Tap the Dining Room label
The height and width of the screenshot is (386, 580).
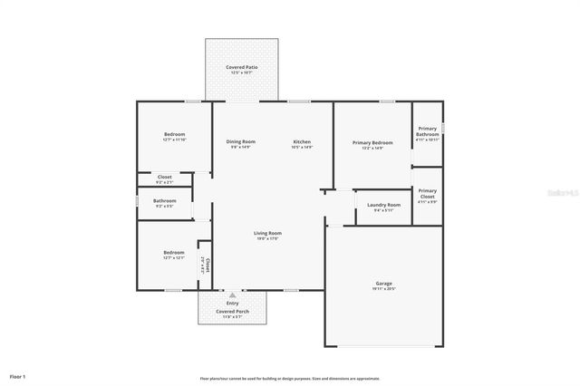click(240, 141)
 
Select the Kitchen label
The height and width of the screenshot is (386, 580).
click(302, 141)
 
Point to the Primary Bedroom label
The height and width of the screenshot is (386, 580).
click(372, 142)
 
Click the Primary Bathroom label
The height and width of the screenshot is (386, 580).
click(427, 134)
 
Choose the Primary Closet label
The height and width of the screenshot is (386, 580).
click(427, 193)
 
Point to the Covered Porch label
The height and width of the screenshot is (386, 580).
click(233, 311)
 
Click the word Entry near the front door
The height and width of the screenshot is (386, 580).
click(233, 303)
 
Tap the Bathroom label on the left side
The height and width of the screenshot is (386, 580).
click(164, 200)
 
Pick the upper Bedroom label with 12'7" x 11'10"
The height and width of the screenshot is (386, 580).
click(174, 134)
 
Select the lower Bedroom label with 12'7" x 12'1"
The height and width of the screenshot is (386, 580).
click(174, 252)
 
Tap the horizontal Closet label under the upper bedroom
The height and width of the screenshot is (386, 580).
click(164, 177)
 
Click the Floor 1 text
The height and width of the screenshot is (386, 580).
click(18, 375)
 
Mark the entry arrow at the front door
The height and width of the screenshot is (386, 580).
click(233, 294)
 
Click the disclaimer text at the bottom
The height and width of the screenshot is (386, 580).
click(289, 378)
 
